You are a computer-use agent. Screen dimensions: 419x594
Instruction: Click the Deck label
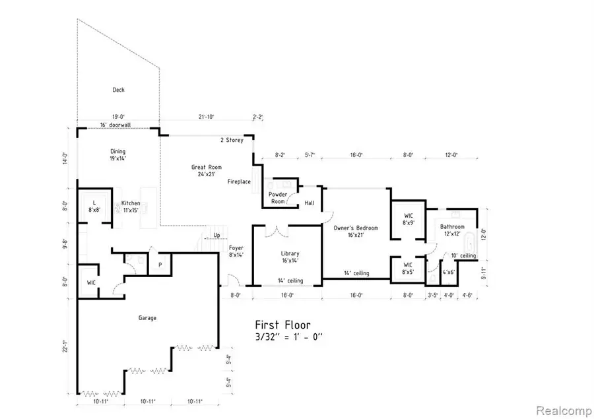point(118,90)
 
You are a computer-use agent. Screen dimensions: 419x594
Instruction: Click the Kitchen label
point(131,207)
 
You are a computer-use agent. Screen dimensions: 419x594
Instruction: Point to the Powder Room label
point(278,198)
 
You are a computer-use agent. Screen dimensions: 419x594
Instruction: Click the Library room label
point(290,257)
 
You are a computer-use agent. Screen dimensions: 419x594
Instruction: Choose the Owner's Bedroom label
point(356,232)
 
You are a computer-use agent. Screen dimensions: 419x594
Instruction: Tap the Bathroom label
point(453,231)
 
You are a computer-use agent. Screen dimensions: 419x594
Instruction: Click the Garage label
point(147,318)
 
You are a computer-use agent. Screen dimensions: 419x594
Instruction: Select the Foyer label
point(236,251)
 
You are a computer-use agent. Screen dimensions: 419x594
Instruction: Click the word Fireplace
point(239,181)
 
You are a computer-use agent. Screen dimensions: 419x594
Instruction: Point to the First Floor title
point(282,325)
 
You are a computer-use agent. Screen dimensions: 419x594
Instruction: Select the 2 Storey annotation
point(232,140)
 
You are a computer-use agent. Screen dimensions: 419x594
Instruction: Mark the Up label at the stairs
point(216,235)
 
